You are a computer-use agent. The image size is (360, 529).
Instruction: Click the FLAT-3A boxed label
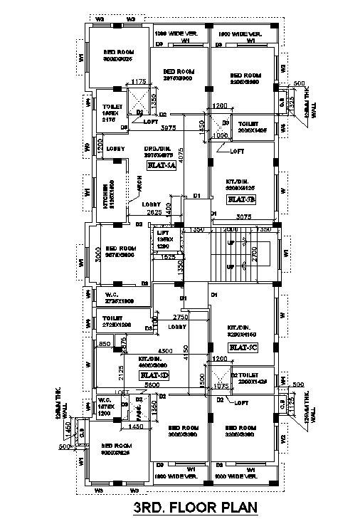pyautogui.click(x=161, y=165)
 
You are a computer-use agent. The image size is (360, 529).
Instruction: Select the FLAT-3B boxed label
pyautogui.click(x=242, y=199)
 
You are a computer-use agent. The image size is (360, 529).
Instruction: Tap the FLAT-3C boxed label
pyautogui.click(x=242, y=347)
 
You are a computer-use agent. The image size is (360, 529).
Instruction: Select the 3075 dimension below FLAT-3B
pyautogui.click(x=244, y=216)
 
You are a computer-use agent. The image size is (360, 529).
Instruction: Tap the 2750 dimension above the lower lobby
pyautogui.click(x=179, y=316)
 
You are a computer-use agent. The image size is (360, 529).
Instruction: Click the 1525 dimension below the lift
pyautogui.click(x=168, y=256)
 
